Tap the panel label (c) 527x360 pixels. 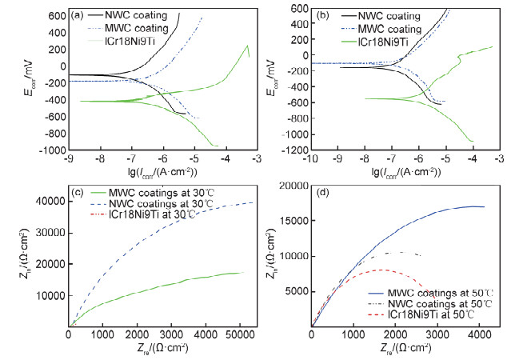(78, 194)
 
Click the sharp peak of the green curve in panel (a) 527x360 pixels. (247, 46)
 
